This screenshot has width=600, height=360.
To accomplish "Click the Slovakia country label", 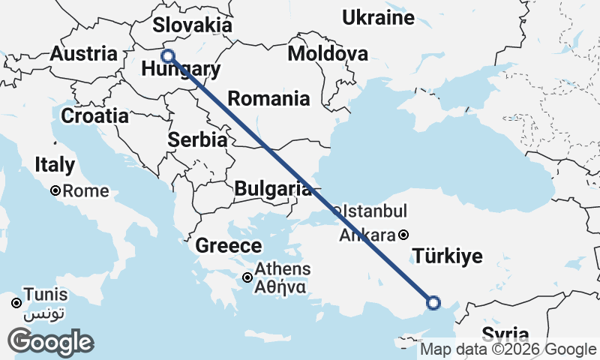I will pyautogui.click(x=193, y=24).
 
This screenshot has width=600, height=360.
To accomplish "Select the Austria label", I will pyautogui.click(x=83, y=54).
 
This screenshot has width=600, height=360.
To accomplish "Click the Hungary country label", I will pyautogui.click(x=181, y=70).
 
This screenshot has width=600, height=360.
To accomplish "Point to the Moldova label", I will pyautogui.click(x=328, y=54).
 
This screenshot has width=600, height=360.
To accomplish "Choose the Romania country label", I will pyautogui.click(x=268, y=98).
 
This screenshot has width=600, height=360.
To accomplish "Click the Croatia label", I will pyautogui.click(x=94, y=116).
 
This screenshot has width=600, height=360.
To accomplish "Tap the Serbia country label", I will pyautogui.click(x=197, y=139).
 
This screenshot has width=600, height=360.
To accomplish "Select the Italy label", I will pyautogui.click(x=55, y=165).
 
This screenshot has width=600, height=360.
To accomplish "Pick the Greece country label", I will pyautogui.click(x=229, y=245).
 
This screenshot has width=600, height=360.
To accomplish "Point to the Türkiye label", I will pyautogui.click(x=448, y=257).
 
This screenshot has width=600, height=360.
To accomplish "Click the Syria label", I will pyautogui.click(x=505, y=334).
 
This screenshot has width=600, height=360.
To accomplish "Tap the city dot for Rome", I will pyautogui.click(x=55, y=191).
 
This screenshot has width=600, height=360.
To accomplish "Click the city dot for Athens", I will pyautogui.click(x=247, y=278).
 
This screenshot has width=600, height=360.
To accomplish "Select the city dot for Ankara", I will pyautogui.click(x=403, y=234).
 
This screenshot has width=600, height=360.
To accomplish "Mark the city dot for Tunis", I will pyautogui.click(x=16, y=304).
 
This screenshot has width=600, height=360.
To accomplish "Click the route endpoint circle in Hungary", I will pyautogui.click(x=168, y=56).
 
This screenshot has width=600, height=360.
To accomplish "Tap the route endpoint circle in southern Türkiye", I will pyautogui.click(x=433, y=302).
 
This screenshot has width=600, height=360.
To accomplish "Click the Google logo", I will pyautogui.click(x=51, y=342).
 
